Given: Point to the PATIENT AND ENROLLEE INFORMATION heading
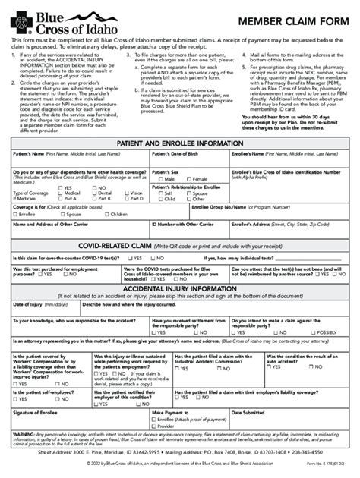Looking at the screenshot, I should pos(181,143).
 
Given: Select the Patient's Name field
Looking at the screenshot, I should pos(80,162).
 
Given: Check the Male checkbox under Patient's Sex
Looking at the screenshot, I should pos(156,178).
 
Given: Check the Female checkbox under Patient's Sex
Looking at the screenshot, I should pos(190,178).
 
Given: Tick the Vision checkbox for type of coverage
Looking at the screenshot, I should pos(127,193).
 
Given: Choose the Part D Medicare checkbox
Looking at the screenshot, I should pos(127,198).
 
